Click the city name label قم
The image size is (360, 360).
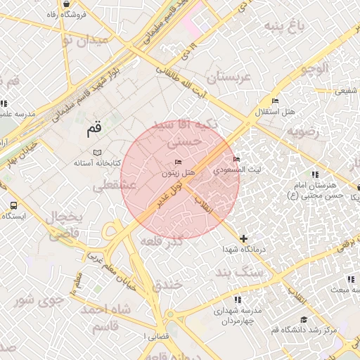94,130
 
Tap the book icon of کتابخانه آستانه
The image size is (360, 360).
97,153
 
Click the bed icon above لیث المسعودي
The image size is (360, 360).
236,159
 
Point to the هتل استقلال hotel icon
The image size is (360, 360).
274,101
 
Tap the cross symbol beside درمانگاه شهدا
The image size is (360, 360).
243,239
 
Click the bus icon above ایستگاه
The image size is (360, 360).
13,205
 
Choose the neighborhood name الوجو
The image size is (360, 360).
314,68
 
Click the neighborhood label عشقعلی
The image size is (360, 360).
110,186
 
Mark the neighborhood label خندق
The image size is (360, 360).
167,283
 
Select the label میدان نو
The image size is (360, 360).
86,40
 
